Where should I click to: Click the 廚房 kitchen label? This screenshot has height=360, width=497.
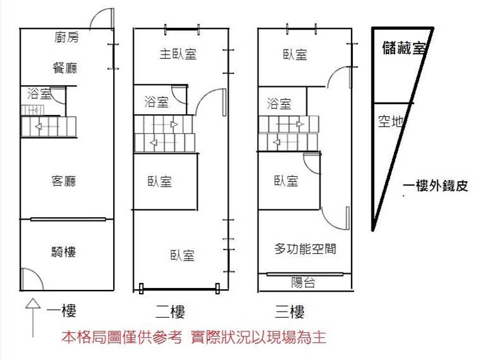click(67, 38)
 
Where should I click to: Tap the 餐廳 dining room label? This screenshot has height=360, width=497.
click(65, 68)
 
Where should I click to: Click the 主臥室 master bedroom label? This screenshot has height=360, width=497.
click(178, 54)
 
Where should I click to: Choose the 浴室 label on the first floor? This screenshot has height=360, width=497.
click(40, 94)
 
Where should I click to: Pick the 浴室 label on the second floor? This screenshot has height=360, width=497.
click(156, 101)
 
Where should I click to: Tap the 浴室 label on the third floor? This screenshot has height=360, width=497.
click(279, 103)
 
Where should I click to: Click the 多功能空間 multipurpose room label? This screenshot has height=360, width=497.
click(305, 249)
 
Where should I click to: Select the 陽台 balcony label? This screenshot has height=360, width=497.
click(303, 283)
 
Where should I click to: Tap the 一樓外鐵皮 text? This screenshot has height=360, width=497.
click(435, 185)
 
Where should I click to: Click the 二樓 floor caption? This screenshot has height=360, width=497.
click(169, 311)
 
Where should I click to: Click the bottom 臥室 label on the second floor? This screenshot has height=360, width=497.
click(182, 255)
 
